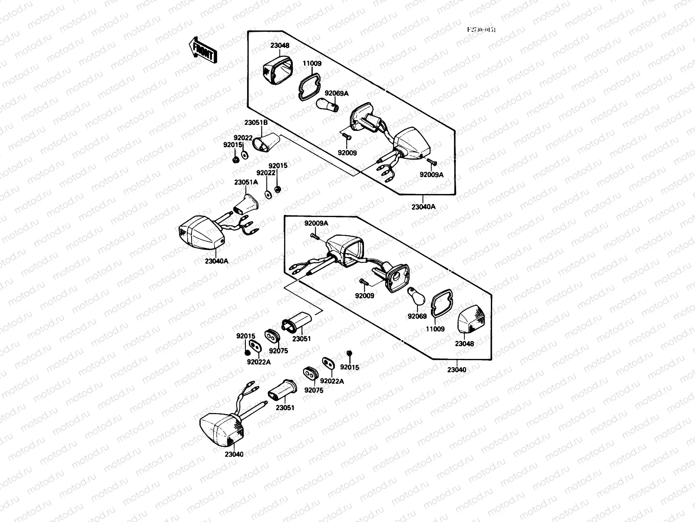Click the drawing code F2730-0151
coord(481,30)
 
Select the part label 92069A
coord(337,93)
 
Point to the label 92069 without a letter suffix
coord(417,317)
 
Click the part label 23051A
coord(246,182)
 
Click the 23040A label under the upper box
coord(423,207)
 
